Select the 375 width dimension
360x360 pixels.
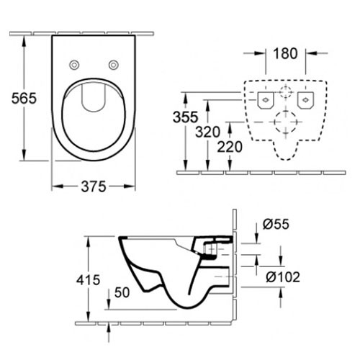[x=94, y=186]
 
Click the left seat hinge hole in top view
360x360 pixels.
[x=74, y=66]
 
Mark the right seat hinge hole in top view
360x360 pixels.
[x=113, y=66]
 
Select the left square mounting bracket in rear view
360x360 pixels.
[x=264, y=99]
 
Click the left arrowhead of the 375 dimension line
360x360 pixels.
[x=55, y=186]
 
